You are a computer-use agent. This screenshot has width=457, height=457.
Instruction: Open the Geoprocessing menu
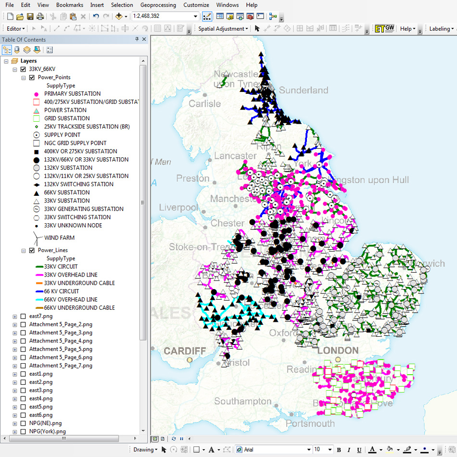(157, 5)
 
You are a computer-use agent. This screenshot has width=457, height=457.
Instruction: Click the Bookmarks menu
(69, 5)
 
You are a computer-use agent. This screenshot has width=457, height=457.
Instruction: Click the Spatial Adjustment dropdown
(223, 29)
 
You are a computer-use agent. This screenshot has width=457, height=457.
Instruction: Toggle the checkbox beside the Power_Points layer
(32, 77)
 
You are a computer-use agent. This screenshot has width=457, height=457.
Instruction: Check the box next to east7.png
(23, 316)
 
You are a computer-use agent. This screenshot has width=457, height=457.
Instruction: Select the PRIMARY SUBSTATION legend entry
(72, 94)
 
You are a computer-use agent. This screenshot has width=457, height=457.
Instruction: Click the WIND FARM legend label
(59, 238)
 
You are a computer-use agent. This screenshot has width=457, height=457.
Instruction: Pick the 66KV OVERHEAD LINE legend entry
(70, 299)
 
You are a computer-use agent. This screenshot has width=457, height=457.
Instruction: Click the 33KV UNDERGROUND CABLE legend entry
(79, 283)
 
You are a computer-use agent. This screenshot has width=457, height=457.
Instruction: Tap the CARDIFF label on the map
(185, 351)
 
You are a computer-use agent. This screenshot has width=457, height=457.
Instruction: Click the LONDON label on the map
(338, 351)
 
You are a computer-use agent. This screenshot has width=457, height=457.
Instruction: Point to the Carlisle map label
(205, 103)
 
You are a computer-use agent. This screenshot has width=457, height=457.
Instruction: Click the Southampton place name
(243, 401)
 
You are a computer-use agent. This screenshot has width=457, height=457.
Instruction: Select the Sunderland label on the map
(304, 90)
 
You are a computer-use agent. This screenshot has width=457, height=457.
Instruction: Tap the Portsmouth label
(310, 423)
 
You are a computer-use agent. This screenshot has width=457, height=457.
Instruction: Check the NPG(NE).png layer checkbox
(23, 423)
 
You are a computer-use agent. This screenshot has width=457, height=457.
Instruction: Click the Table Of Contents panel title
(24, 39)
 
